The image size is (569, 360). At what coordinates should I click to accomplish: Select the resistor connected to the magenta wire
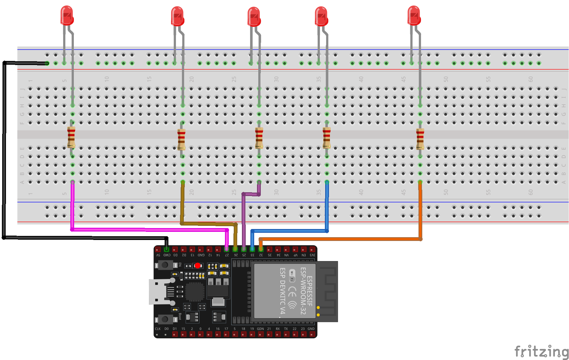[x=71, y=137]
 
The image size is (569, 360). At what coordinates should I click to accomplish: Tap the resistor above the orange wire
[x=420, y=139]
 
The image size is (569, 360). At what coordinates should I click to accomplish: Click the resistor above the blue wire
[x=327, y=138]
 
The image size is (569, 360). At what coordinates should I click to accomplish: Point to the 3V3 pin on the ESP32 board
[x=312, y=249]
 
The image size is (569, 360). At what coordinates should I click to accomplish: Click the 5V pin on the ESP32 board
[x=158, y=249]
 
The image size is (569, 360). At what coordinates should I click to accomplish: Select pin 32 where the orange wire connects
[x=261, y=249]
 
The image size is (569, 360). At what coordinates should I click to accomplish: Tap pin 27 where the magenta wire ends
[x=227, y=249]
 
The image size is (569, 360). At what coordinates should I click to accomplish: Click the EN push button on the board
[x=165, y=265]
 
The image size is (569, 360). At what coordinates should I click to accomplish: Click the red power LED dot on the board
[x=198, y=265]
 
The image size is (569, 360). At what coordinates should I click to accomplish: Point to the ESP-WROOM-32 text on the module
[x=303, y=291]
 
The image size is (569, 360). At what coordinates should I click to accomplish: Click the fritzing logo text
[x=541, y=351]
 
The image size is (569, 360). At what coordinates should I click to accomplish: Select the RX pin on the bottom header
[x=278, y=334]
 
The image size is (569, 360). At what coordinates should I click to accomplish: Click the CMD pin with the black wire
[x=167, y=249]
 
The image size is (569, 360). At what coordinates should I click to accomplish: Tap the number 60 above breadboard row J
[x=530, y=79]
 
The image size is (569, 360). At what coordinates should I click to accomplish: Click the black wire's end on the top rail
[x=47, y=63]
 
